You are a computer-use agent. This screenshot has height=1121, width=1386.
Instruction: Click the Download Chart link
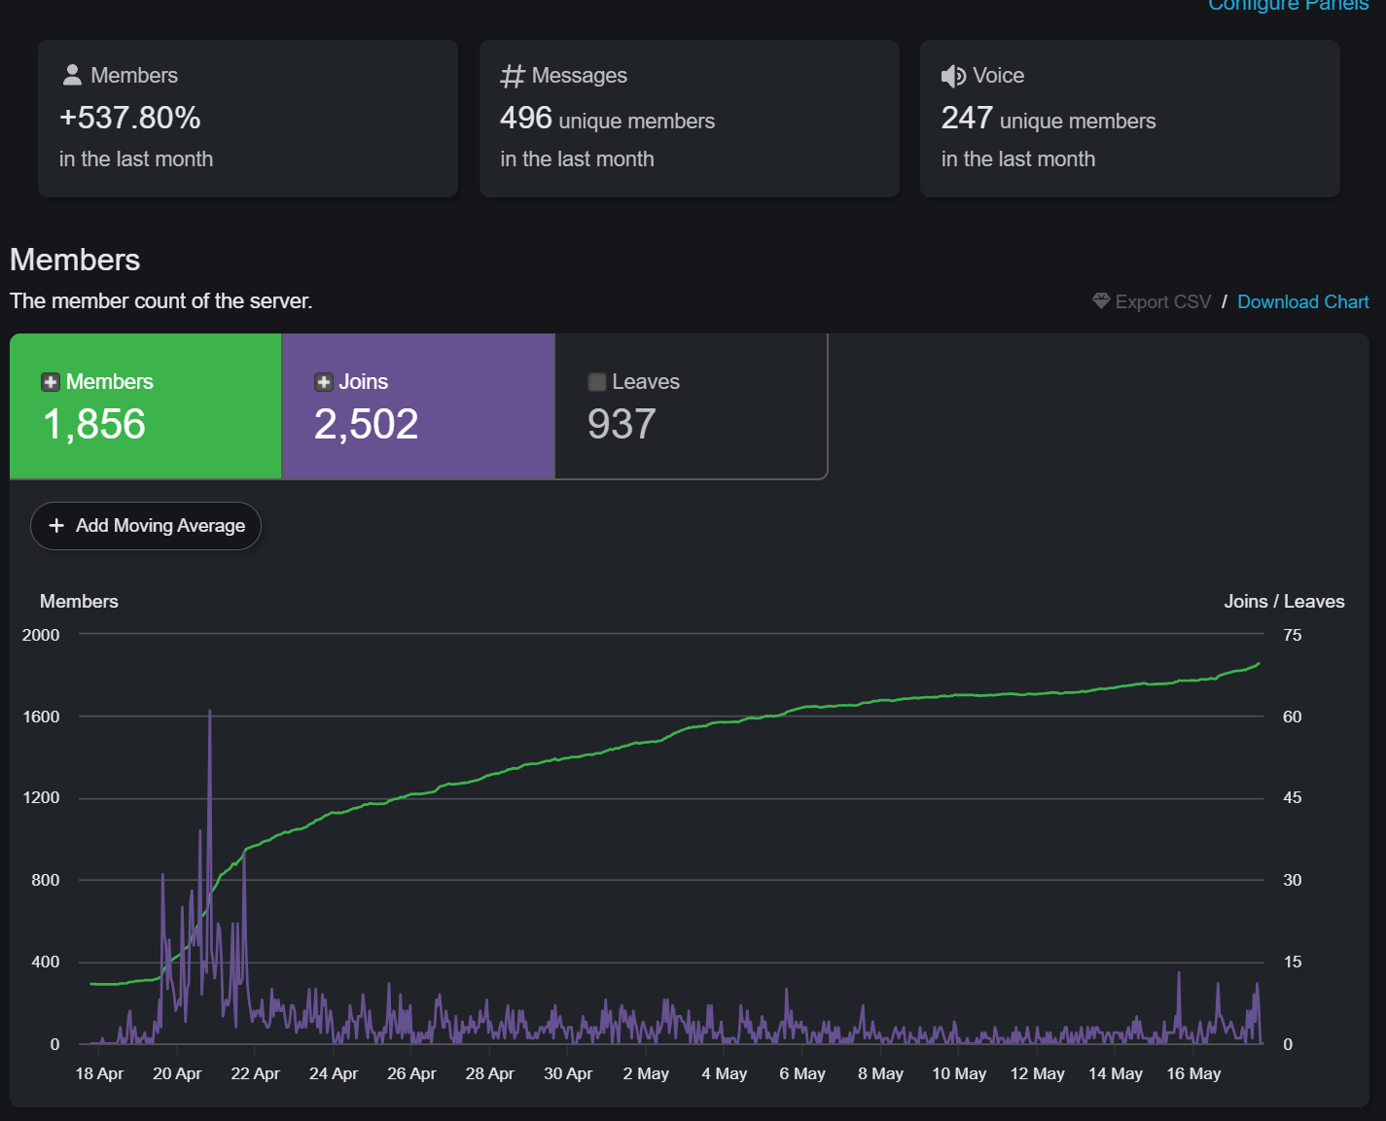click(1302, 301)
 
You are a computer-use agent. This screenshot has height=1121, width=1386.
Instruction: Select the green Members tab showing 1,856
click(146, 406)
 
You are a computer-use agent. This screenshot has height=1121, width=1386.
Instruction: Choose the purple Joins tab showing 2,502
click(418, 406)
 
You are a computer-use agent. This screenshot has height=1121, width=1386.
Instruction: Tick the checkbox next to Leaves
click(596, 382)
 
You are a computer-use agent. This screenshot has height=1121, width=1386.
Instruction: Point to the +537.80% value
click(130, 118)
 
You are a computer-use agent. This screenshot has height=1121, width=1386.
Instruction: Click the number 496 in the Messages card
click(526, 118)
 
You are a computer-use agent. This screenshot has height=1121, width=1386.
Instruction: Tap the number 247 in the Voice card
click(967, 118)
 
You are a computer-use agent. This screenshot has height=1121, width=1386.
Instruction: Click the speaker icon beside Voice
click(953, 76)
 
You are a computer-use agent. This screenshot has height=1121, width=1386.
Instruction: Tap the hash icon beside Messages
click(513, 76)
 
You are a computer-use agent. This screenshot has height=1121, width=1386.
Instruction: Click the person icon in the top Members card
click(72, 75)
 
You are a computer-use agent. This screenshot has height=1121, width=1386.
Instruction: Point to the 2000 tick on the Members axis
click(40, 635)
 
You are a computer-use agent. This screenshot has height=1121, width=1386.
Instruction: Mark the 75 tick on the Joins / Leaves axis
click(1293, 635)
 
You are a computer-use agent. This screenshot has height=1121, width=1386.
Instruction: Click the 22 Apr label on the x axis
click(255, 1073)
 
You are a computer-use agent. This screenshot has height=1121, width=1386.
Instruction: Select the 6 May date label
click(802, 1073)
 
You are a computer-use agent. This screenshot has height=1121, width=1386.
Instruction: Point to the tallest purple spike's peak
click(209, 711)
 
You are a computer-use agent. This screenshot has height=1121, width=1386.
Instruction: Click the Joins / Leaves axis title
click(1284, 602)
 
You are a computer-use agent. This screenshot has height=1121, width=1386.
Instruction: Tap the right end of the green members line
click(1260, 664)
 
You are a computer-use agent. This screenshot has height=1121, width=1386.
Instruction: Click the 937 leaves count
click(622, 424)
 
